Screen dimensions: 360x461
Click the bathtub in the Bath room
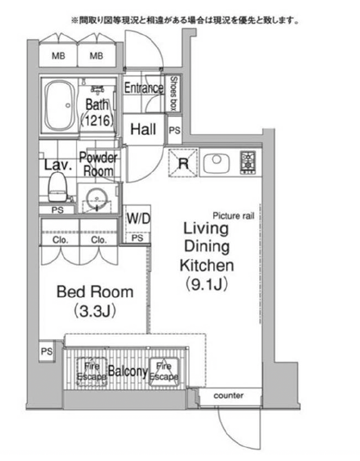(x=59, y=106)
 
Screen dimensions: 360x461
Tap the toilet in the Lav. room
(x=57, y=187)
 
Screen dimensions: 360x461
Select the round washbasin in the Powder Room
(x=96, y=196)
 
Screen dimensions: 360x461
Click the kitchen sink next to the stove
(x=217, y=163)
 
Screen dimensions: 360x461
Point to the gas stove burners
(x=248, y=163)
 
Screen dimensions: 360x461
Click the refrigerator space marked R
(x=183, y=163)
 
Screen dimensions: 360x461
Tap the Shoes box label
(x=174, y=93)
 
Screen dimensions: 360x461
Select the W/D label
(x=138, y=219)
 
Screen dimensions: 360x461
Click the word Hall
(x=143, y=129)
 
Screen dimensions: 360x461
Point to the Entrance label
(x=143, y=88)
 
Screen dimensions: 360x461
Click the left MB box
(x=58, y=56)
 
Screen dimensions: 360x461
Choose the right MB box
(x=96, y=56)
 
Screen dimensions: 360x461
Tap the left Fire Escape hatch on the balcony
(x=92, y=372)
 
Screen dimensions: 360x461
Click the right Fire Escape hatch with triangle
(x=164, y=372)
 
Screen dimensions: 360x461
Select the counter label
(x=229, y=395)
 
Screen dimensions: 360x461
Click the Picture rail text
(x=233, y=216)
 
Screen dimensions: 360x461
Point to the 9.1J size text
(x=207, y=284)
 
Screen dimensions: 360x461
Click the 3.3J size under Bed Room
(x=94, y=311)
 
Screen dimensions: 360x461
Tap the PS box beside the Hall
(x=174, y=130)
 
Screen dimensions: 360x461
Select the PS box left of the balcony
(x=46, y=351)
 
